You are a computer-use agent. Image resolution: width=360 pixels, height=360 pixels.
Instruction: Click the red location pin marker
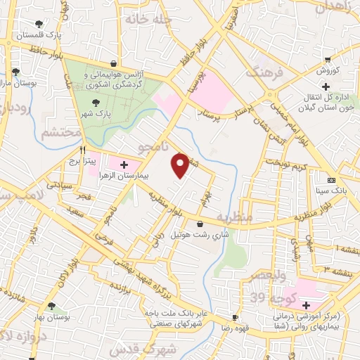point(181,165)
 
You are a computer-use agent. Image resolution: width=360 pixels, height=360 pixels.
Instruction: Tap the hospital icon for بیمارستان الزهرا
point(124,165)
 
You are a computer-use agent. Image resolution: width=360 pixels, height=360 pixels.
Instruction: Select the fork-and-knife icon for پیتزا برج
point(83,150)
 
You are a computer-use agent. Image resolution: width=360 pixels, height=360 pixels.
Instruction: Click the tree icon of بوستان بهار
point(51,306)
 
